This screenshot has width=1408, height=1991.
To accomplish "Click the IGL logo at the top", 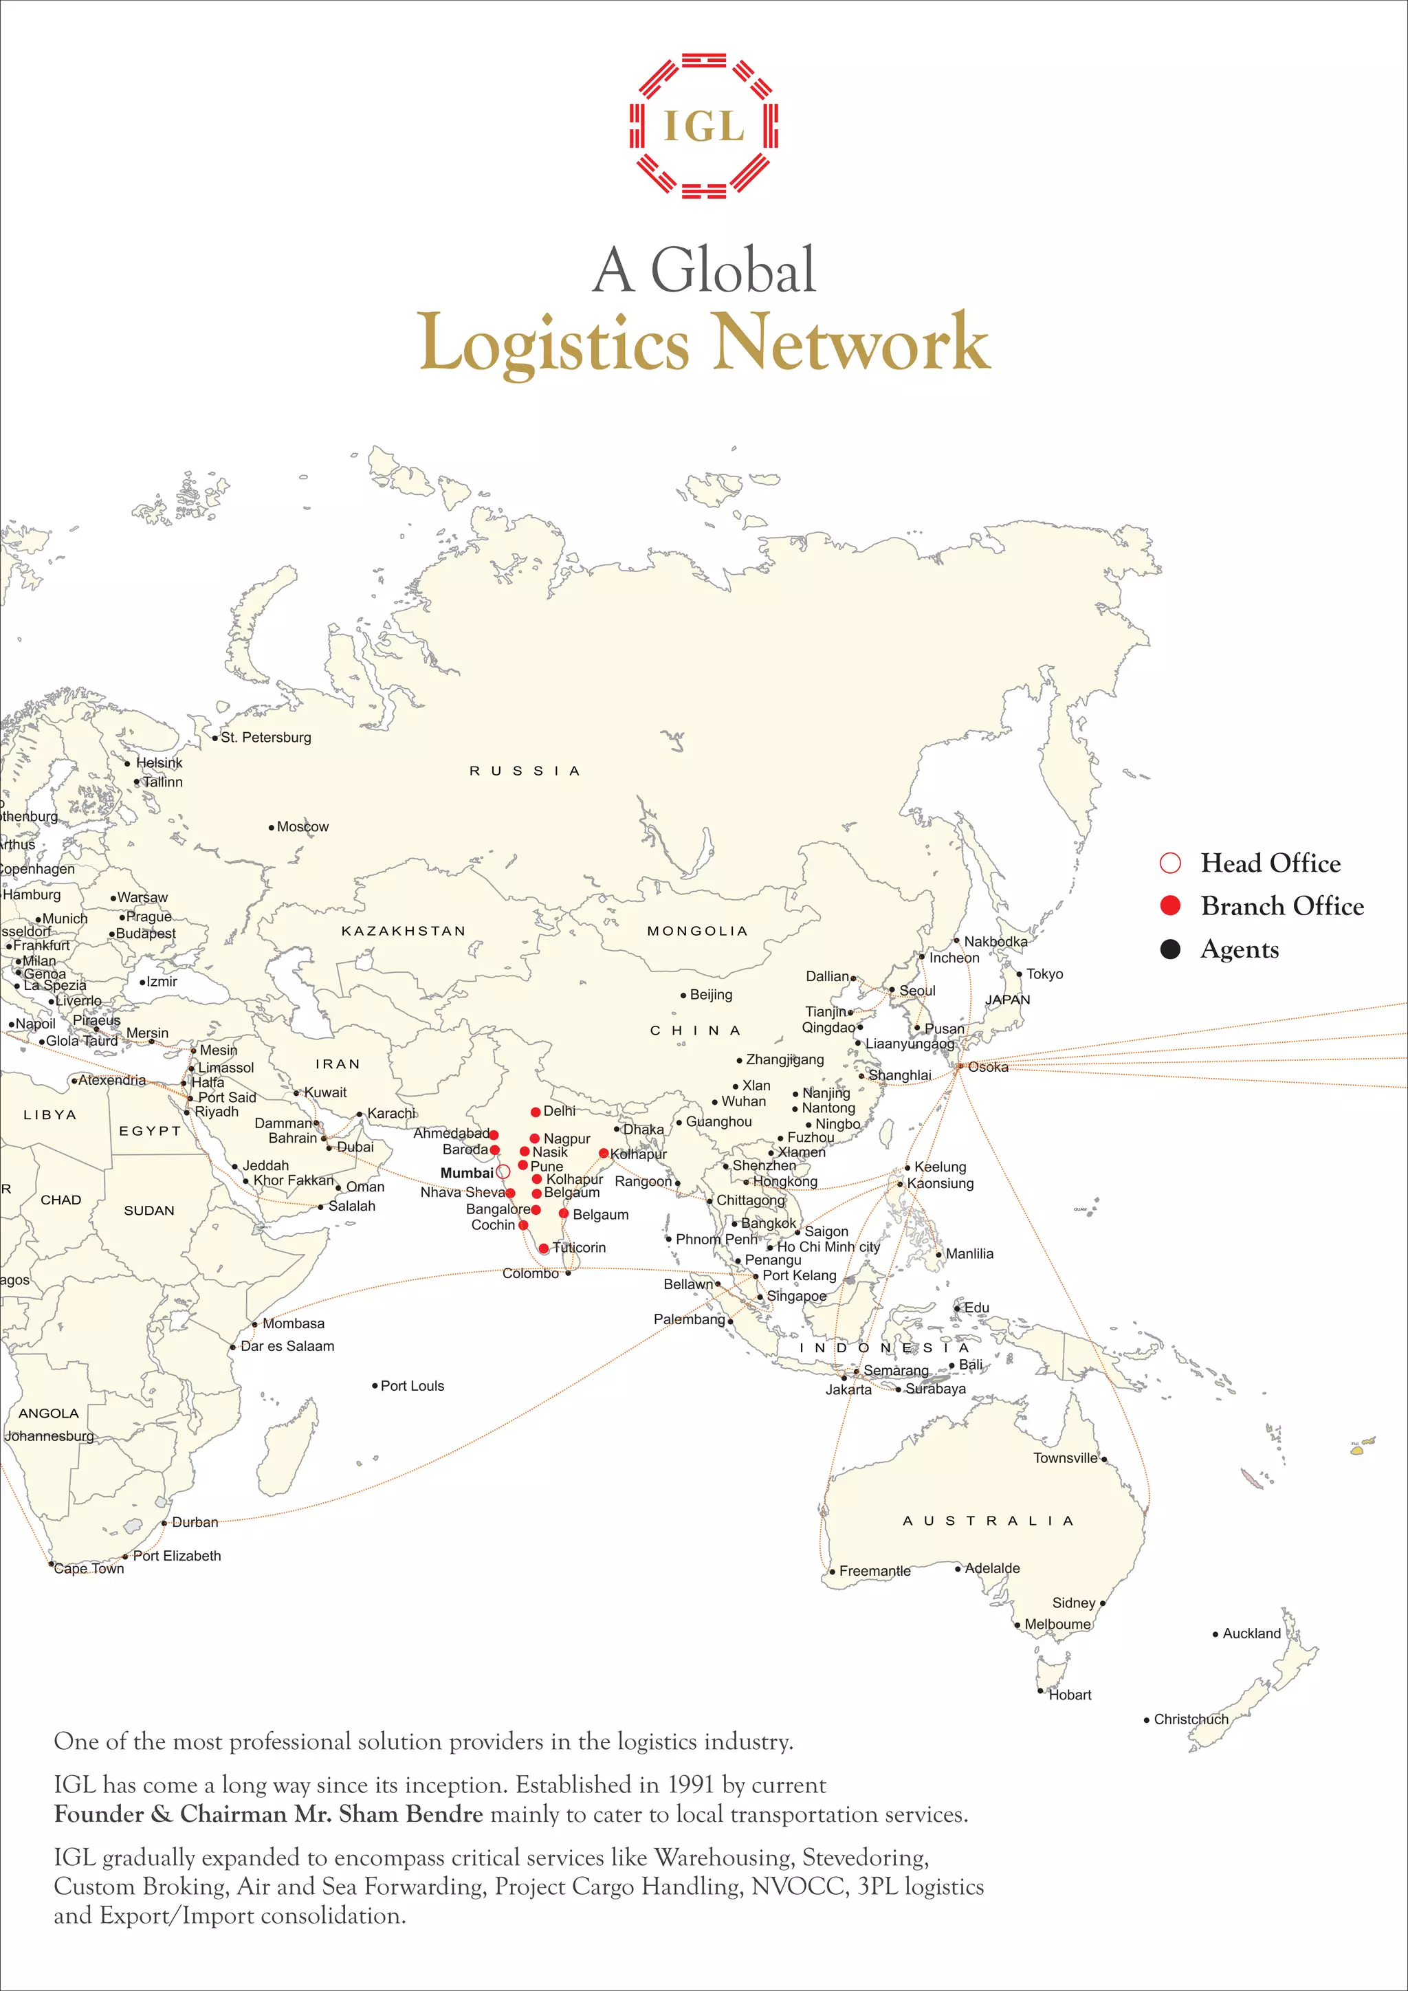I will (703, 126).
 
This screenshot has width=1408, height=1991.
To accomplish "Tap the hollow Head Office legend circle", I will (1169, 863).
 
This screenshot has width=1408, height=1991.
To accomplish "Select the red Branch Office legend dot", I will (1169, 905).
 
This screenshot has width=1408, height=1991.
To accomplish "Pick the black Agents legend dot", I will (1169, 949).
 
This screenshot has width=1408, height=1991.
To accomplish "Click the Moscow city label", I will (302, 826).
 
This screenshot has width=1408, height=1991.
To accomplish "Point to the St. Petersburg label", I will (265, 737).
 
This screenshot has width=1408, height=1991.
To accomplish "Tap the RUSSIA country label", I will (524, 771).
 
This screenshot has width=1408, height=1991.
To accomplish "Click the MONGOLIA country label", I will (697, 930).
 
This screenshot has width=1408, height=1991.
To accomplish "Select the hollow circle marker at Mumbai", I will (503, 1171).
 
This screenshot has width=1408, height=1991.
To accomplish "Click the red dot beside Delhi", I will (536, 1112).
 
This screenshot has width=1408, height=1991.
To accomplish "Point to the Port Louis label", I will (412, 1386).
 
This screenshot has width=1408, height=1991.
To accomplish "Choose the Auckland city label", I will (1251, 1633).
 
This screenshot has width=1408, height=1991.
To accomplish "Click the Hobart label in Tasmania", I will (1070, 1695).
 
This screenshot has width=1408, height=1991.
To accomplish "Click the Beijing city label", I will (711, 995).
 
